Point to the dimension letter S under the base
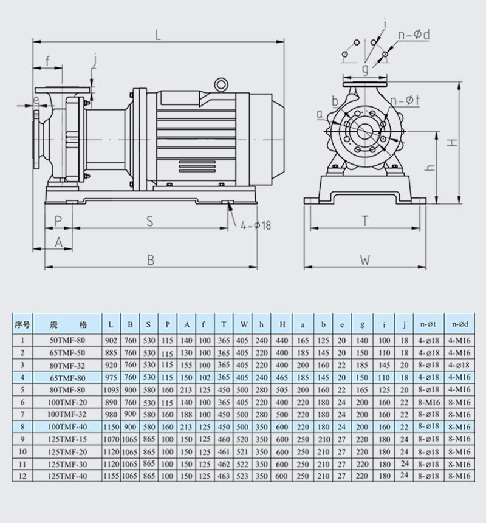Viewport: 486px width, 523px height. pyautogui.click(x=149, y=221)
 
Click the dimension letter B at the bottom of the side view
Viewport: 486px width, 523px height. pyautogui.click(x=151, y=260)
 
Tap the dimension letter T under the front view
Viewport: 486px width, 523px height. pyautogui.click(x=365, y=221)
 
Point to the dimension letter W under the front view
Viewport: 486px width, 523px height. pyautogui.click(x=364, y=260)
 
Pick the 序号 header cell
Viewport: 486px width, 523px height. pyautogui.click(x=22, y=324)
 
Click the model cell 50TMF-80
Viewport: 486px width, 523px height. pyautogui.click(x=69, y=341)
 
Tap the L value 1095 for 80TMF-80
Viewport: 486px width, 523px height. pyautogui.click(x=111, y=389)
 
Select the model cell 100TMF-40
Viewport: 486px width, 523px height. pyautogui.click(x=69, y=426)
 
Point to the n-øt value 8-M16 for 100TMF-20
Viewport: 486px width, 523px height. pyautogui.click(x=429, y=402)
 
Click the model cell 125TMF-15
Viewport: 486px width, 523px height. pyautogui.click(x=69, y=439)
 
